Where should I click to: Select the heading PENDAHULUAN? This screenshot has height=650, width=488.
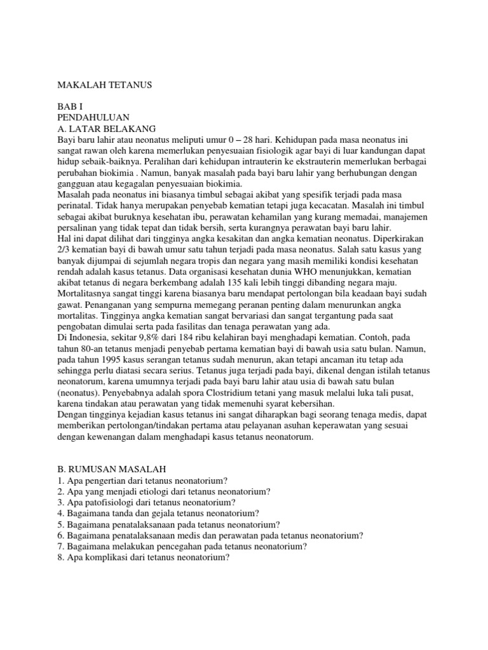(x=93, y=117)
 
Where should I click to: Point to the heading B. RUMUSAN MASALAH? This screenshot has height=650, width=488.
(x=111, y=468)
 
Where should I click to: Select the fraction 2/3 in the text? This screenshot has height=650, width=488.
(x=65, y=249)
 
